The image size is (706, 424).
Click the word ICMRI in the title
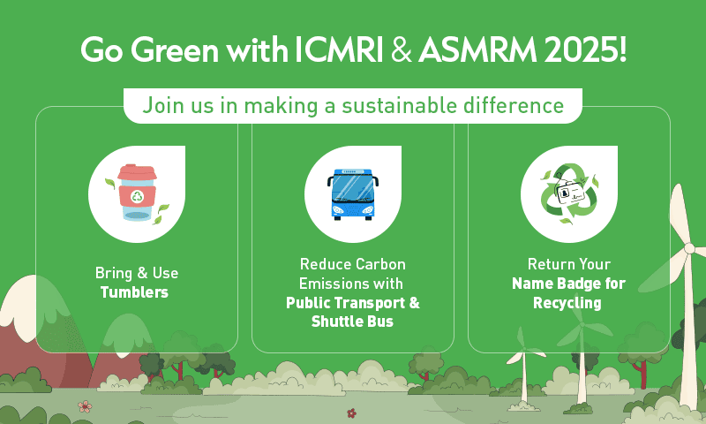(x=339, y=49)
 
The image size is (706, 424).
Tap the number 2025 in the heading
(x=581, y=49)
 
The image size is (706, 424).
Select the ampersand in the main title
(x=402, y=49)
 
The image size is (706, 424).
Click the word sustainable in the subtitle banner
(x=400, y=106)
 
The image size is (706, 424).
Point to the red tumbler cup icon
(x=138, y=193)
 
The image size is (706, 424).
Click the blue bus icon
(x=352, y=194)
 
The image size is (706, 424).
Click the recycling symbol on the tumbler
(x=138, y=196)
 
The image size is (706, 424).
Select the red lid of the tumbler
(x=138, y=171)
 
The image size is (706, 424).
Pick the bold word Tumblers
(x=134, y=292)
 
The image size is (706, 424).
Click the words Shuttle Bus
(x=352, y=322)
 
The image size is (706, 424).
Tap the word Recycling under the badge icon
(x=567, y=303)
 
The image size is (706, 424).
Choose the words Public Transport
(x=347, y=302)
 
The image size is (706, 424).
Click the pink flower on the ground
(x=85, y=406)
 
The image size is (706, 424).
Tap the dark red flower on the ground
(x=351, y=413)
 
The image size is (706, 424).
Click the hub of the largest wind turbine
(x=689, y=248)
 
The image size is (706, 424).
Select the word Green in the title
(x=175, y=49)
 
